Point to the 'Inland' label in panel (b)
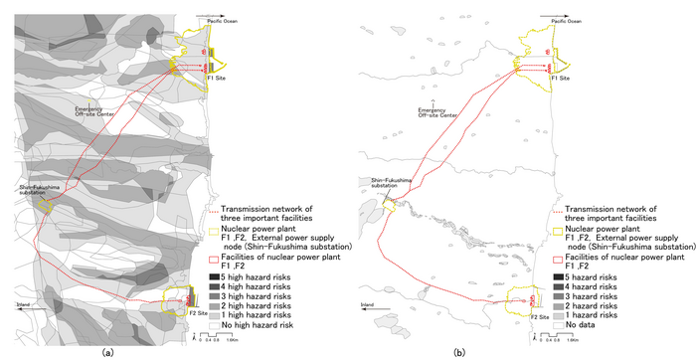(x=368, y=304)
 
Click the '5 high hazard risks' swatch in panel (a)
(x=216, y=274)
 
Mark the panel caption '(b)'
(x=458, y=351)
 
